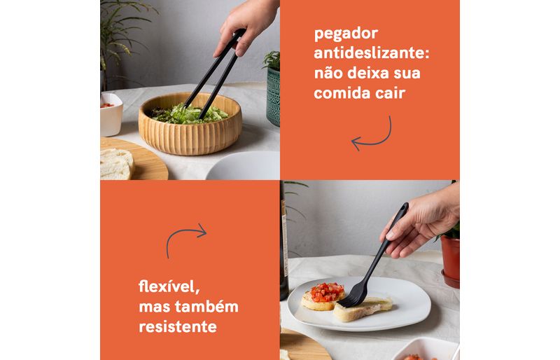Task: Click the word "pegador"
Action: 346,34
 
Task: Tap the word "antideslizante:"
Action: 372,53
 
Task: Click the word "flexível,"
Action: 169,286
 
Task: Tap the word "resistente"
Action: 178,326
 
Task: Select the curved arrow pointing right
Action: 182,236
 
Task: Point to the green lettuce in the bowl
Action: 188,114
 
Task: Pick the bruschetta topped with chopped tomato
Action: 323,296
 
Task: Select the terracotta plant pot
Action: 450,261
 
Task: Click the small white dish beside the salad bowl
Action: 111,114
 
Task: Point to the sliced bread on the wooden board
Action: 116,164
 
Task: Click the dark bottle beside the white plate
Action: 284,243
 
